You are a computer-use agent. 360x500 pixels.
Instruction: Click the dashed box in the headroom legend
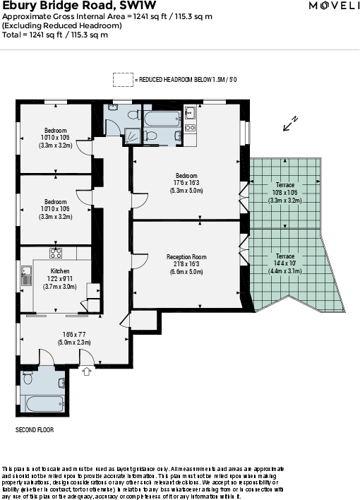click(123, 80)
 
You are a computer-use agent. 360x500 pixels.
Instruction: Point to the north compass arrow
click(290, 124)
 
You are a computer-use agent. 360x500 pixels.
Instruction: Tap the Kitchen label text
click(60, 271)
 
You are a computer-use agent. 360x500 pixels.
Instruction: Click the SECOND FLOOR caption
click(35, 429)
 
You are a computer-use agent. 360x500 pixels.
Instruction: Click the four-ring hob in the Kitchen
click(55, 253)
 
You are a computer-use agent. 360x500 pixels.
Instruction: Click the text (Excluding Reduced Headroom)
click(61, 26)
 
